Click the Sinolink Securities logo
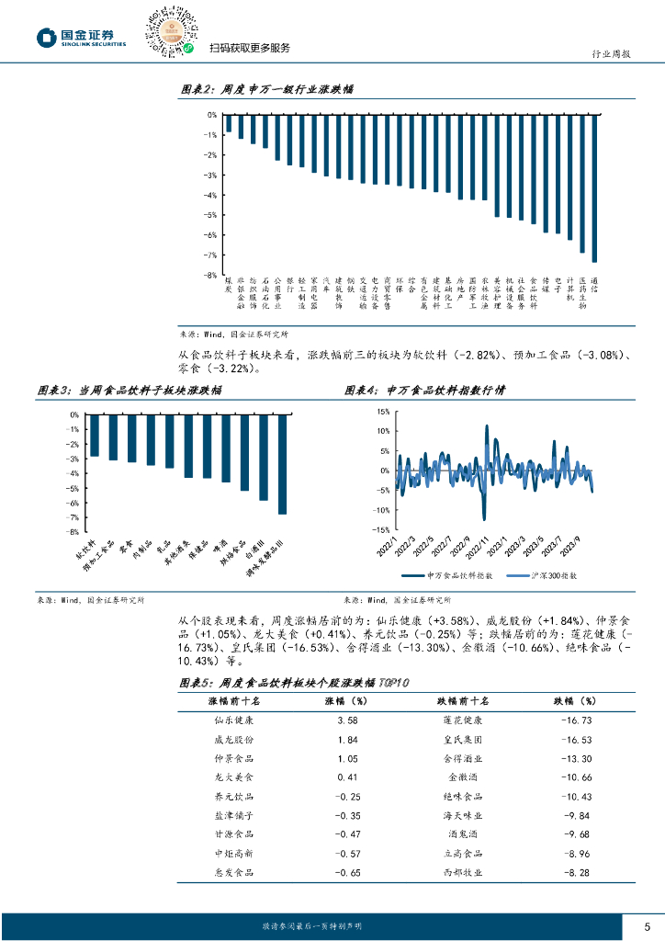pos(82,37)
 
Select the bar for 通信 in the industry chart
pos(594,188)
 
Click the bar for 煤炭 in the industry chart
pos(229,124)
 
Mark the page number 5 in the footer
pos(648,925)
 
